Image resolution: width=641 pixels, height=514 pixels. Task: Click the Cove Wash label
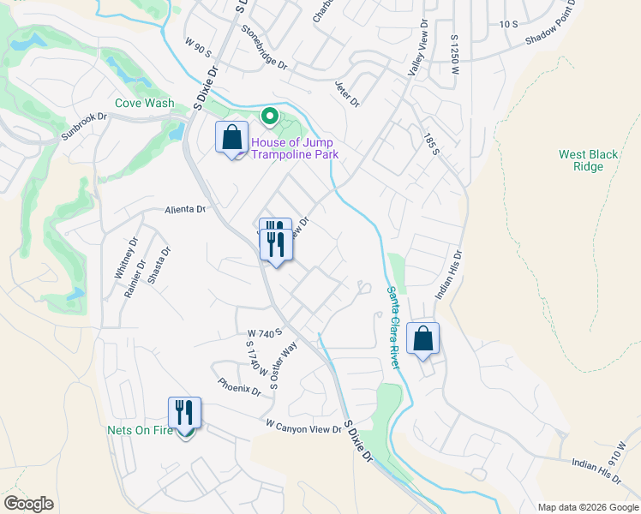pos(145,104)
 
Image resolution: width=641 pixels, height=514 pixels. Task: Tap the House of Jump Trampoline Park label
pos(293,148)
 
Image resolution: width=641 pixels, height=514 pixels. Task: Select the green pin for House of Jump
pos(269,115)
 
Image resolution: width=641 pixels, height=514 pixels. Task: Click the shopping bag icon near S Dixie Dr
pos(231,137)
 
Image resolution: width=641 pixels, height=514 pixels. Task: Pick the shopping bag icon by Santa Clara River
pos(423,338)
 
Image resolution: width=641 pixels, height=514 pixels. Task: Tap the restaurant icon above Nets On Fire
pos(184,413)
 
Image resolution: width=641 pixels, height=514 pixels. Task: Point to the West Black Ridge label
pos(588,160)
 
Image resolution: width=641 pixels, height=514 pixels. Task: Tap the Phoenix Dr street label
pos(239,387)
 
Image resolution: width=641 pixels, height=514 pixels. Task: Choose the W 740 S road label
pos(265,332)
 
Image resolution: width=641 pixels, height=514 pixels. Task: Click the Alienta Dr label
pos(186,209)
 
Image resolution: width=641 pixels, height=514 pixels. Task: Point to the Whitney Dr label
pos(119,257)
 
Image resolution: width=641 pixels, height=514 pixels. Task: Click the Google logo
pos(29,504)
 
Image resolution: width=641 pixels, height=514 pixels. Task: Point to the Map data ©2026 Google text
pos(587,507)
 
